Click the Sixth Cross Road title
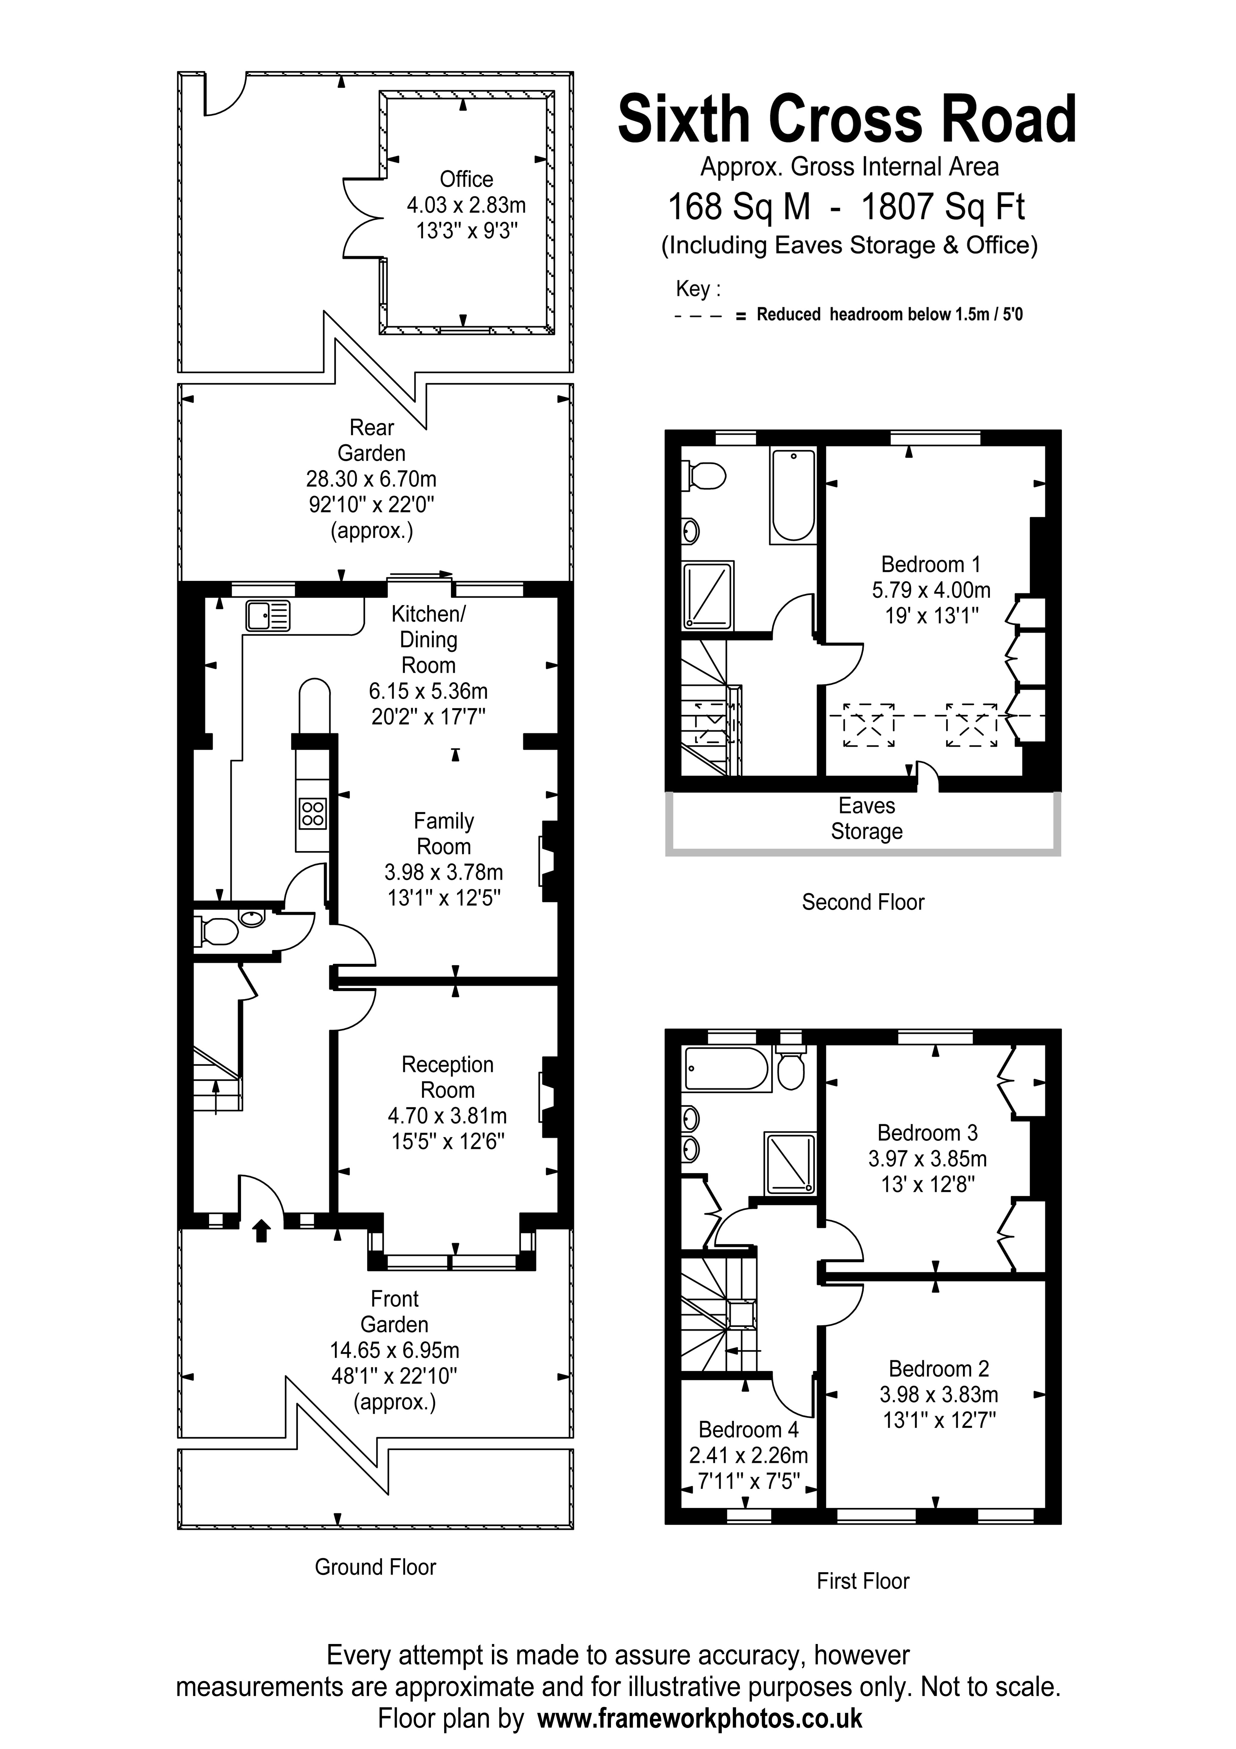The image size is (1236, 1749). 847,120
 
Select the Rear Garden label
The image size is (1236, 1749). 372,440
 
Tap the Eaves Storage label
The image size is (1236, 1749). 867,818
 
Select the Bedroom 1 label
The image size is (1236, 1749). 931,564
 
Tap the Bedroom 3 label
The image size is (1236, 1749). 928,1133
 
